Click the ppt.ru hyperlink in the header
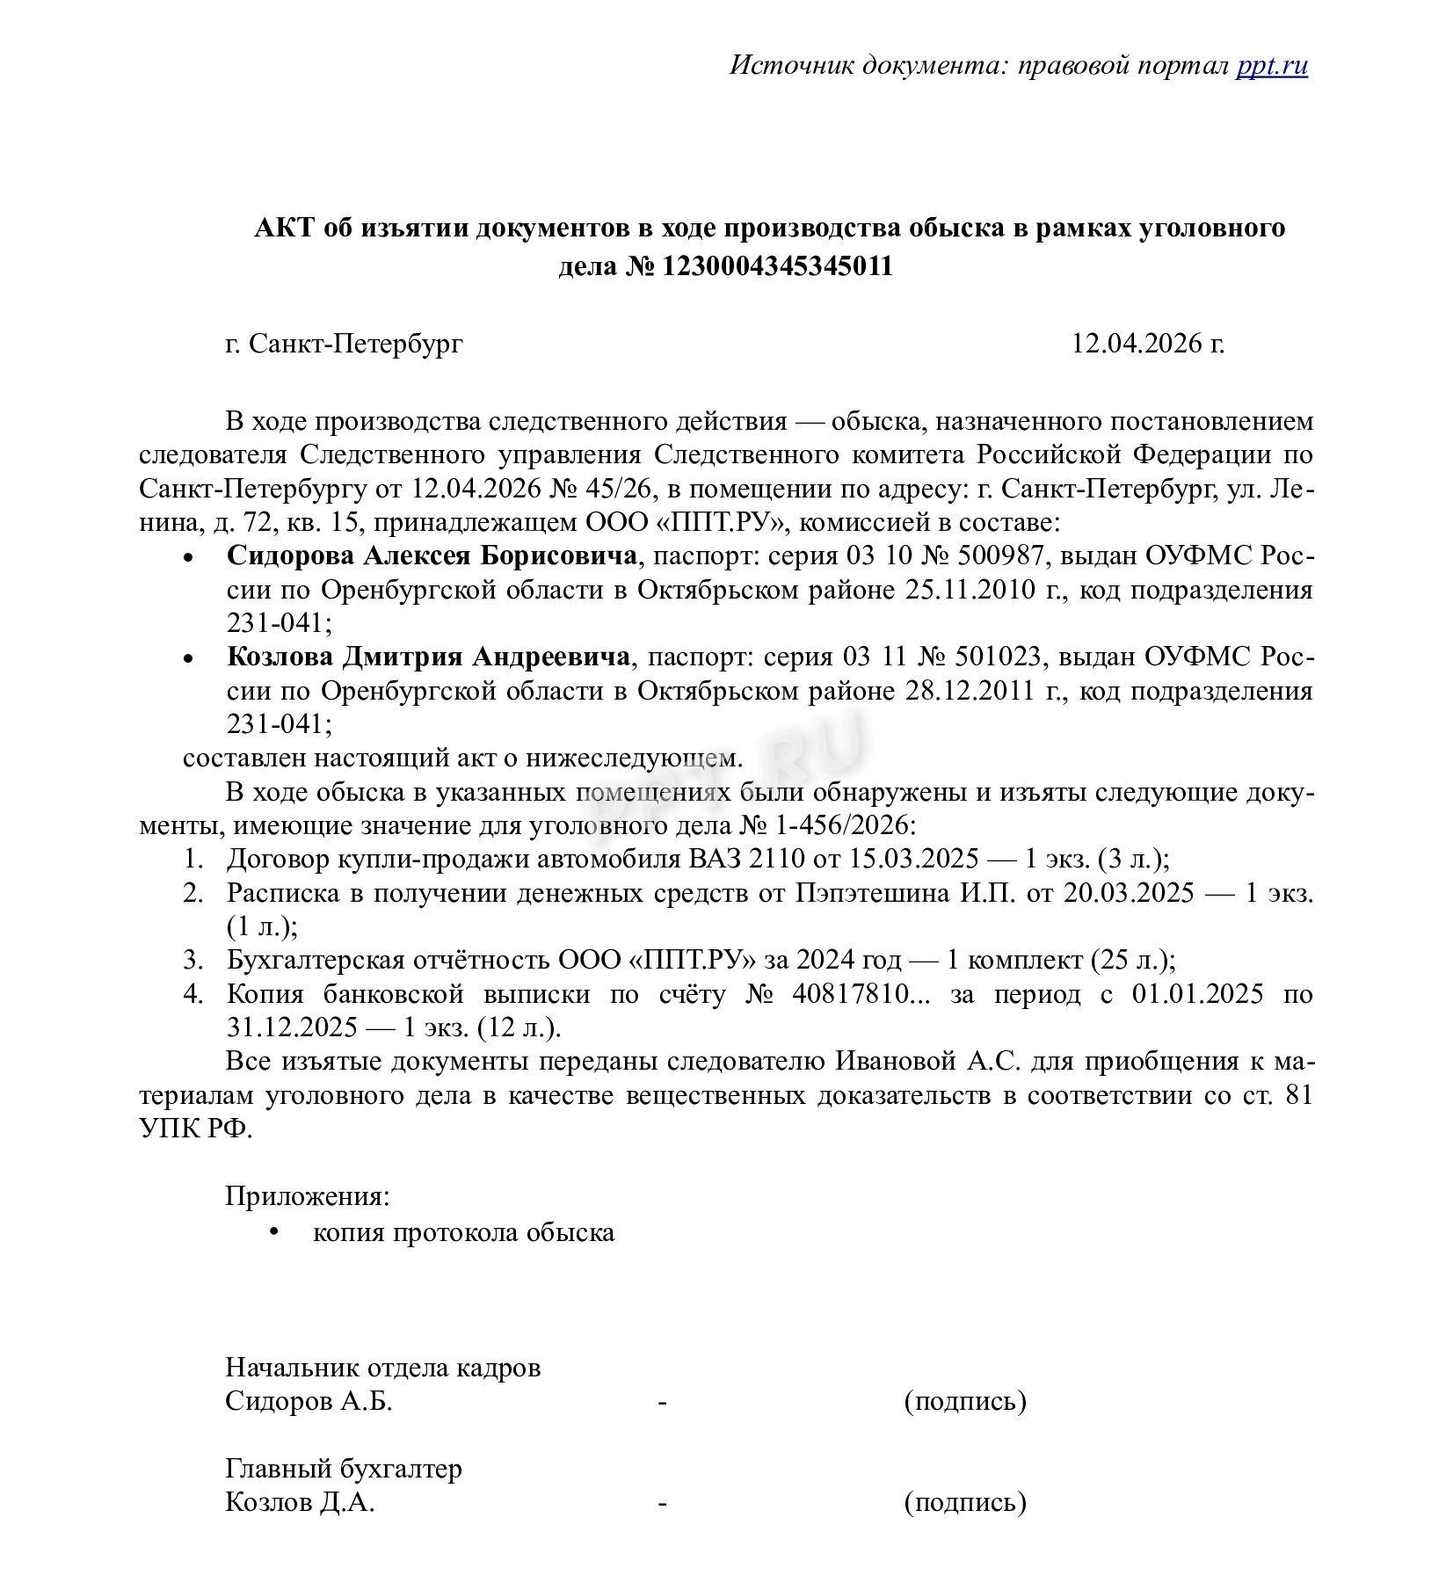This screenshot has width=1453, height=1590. (x=1271, y=66)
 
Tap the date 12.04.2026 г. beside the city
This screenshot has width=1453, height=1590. (x=1147, y=343)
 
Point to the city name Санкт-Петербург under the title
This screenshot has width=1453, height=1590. (x=355, y=343)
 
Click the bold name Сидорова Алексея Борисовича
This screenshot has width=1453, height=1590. (x=432, y=555)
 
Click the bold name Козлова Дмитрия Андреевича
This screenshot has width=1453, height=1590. (x=428, y=657)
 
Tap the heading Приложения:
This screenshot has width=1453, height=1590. (x=308, y=1196)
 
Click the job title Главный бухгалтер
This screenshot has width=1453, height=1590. (x=344, y=1469)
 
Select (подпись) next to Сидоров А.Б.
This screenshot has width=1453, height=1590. (x=964, y=1401)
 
